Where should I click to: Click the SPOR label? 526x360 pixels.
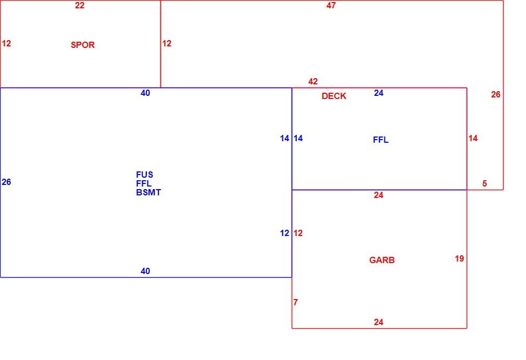(x=82, y=45)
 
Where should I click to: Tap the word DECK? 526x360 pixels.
(x=334, y=96)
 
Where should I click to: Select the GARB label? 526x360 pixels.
(x=382, y=260)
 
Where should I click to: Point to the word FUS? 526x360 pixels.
(x=145, y=175)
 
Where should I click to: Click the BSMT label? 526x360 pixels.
(x=148, y=193)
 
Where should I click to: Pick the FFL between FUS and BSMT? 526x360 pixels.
(x=144, y=183)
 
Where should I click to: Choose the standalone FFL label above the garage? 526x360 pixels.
(x=381, y=140)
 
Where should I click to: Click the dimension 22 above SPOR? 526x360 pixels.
(x=80, y=5)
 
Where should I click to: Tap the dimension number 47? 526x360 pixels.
(x=331, y=5)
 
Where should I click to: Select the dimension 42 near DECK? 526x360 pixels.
(x=313, y=81)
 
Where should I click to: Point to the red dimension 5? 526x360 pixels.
(x=484, y=183)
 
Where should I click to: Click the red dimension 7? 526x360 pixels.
(x=295, y=302)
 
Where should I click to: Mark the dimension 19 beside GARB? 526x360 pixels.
(x=459, y=259)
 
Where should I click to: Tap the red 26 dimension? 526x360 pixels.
(x=495, y=95)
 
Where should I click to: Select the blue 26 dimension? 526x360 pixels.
(x=6, y=182)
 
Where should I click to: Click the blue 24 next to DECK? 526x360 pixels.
(x=379, y=93)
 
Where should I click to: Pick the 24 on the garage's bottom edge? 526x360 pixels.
(x=379, y=322)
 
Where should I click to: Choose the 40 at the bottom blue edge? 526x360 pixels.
(x=145, y=271)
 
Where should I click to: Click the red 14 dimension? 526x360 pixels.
(x=473, y=138)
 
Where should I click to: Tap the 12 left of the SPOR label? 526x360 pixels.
(x=6, y=43)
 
